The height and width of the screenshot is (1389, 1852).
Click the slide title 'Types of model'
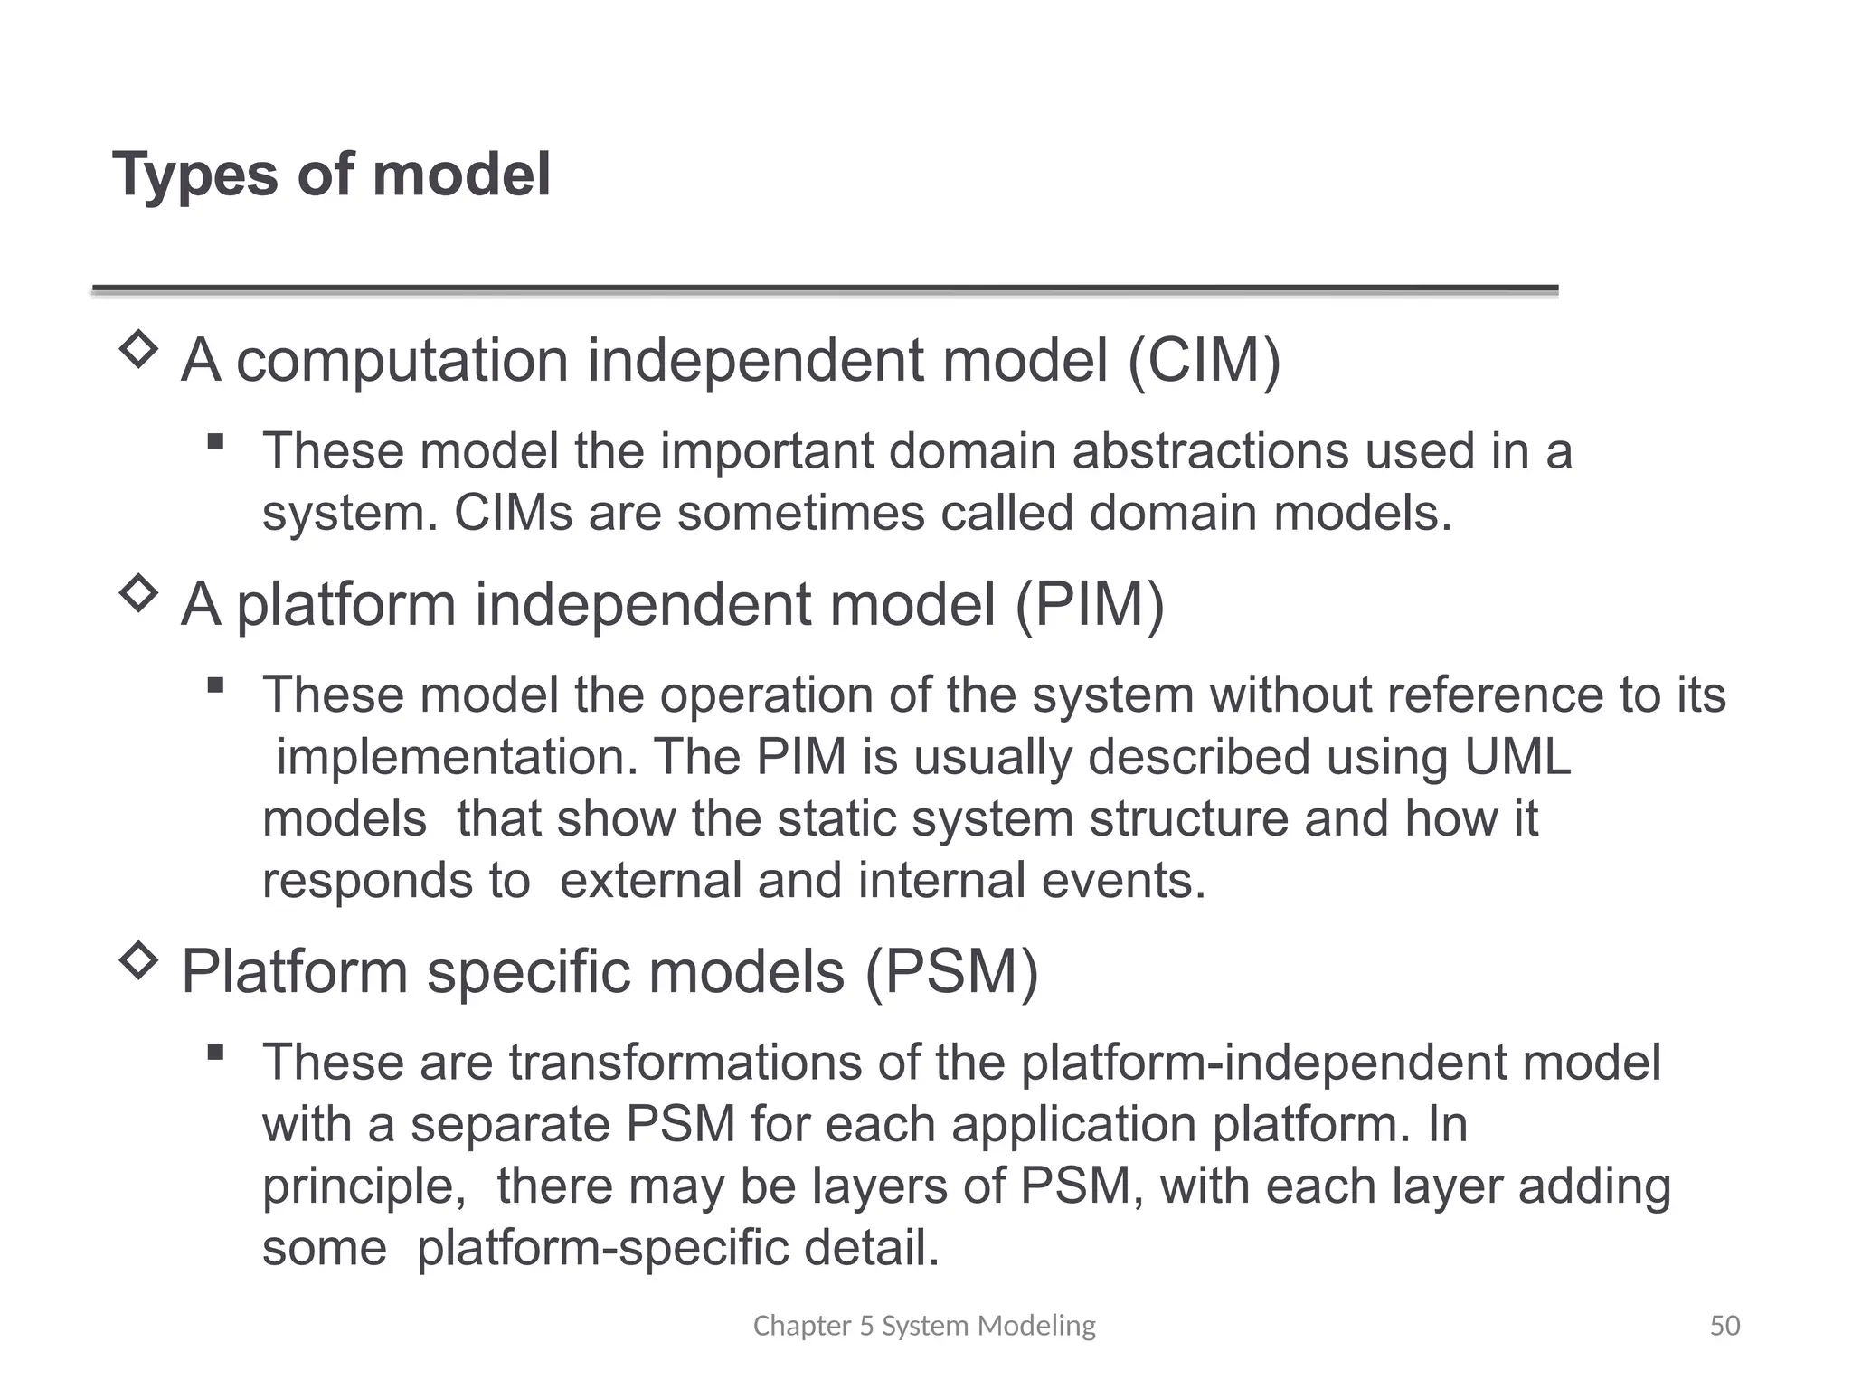[x=331, y=175]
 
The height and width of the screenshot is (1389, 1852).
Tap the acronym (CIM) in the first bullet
[x=1204, y=361]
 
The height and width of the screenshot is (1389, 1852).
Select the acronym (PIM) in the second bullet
[x=1089, y=604]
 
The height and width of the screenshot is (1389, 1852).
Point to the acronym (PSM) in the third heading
[x=952, y=972]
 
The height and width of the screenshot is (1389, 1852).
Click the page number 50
[x=1724, y=1326]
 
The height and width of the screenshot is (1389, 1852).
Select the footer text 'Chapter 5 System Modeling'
[x=924, y=1326]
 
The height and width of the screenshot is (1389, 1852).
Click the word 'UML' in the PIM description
[x=1517, y=757]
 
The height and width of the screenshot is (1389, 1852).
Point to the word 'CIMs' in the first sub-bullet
[x=513, y=514]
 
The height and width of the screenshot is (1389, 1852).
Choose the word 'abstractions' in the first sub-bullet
[x=1210, y=451]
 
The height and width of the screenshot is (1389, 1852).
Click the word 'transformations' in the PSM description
[x=685, y=1063]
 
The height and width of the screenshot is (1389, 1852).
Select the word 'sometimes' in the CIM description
[x=800, y=514]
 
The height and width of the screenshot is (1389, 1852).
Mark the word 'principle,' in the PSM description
[x=364, y=1186]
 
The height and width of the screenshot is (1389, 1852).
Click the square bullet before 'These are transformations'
[x=215, y=1052]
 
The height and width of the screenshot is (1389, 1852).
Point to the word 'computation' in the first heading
[x=402, y=361]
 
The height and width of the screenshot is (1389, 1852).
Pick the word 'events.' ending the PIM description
[x=1123, y=881]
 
